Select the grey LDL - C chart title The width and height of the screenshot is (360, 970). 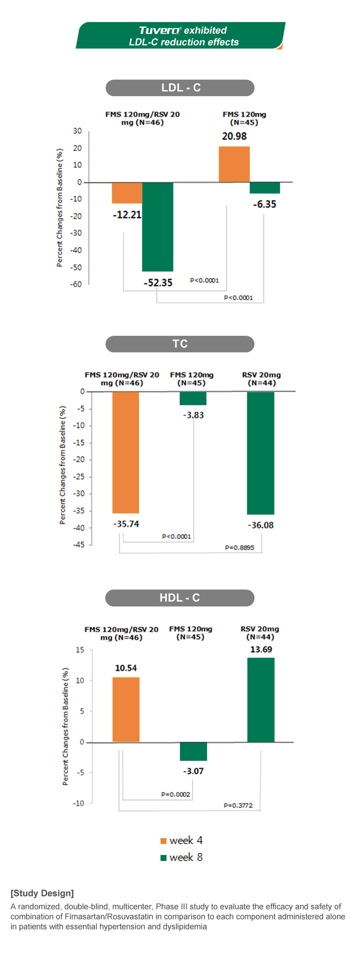pos(180,88)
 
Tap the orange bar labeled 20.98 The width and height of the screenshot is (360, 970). pos(234,164)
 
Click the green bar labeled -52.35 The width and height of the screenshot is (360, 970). pos(157,226)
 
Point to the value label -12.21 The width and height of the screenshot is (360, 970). pos(127,215)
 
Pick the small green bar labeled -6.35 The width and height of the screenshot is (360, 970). pos(265,187)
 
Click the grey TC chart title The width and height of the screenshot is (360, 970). pos(180,344)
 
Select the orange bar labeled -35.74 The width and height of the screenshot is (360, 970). pos(125,452)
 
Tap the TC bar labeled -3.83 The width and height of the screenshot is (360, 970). pos(193,398)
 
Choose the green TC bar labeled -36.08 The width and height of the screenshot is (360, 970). pos(260,453)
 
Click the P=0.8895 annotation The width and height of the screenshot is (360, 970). pos(239,547)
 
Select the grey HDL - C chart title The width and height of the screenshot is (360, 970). pos(180,598)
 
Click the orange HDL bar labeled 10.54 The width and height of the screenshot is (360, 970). pos(126,709)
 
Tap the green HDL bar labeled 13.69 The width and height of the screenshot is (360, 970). pos(260,699)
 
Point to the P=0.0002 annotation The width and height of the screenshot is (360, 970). pos(175,794)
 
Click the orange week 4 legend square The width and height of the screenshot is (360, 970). pos(163,841)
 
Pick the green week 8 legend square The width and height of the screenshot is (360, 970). pos(163,858)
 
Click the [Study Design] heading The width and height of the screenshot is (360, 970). pos(42,893)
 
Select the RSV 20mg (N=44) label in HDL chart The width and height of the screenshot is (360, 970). pos(260,633)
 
